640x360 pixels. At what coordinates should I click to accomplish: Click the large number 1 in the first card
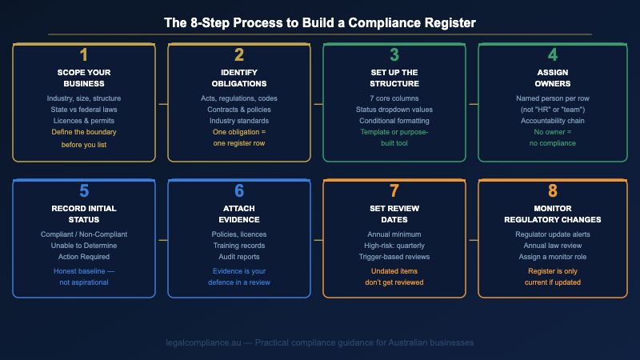[84, 55]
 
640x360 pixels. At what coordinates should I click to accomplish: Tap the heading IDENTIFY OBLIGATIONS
[238, 78]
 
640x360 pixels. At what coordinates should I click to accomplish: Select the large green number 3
[394, 55]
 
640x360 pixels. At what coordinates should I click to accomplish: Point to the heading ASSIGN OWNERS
[549, 78]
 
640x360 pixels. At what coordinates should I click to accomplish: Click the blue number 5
[84, 191]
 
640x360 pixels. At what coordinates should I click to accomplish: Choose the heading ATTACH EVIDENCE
[238, 214]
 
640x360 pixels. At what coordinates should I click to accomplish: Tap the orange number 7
[394, 191]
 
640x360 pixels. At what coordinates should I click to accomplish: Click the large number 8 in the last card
[549, 191]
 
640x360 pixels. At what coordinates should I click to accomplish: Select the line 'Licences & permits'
[84, 120]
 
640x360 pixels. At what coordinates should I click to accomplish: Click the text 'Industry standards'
[238, 120]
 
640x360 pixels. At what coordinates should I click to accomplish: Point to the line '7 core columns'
[394, 98]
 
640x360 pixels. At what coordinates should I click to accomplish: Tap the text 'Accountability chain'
[549, 120]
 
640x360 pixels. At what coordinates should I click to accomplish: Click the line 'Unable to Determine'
[84, 246]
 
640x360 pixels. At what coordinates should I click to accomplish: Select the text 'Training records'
[238, 246]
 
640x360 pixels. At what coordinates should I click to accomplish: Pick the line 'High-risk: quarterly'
[394, 246]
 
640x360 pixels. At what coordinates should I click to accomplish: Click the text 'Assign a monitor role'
[549, 257]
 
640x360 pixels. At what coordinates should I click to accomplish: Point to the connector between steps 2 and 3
[317, 103]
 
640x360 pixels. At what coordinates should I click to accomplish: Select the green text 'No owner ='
[549, 131]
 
